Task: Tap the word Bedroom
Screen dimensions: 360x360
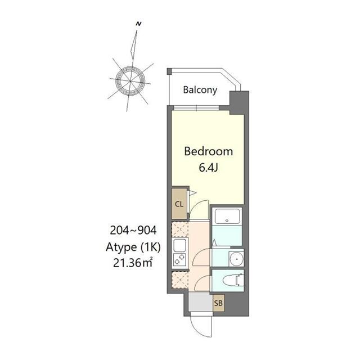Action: (x=209, y=151)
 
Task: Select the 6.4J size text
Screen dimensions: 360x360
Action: (x=208, y=167)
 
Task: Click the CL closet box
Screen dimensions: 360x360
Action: (x=179, y=204)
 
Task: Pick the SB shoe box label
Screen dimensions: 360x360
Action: (x=218, y=304)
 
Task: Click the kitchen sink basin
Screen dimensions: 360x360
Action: (x=180, y=246)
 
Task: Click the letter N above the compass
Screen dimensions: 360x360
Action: (x=138, y=24)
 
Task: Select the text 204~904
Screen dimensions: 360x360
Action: (x=133, y=229)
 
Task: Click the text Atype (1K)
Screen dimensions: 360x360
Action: (x=133, y=246)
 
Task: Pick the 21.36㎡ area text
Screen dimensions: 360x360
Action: (x=133, y=262)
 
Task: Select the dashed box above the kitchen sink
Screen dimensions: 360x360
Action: (x=180, y=228)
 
